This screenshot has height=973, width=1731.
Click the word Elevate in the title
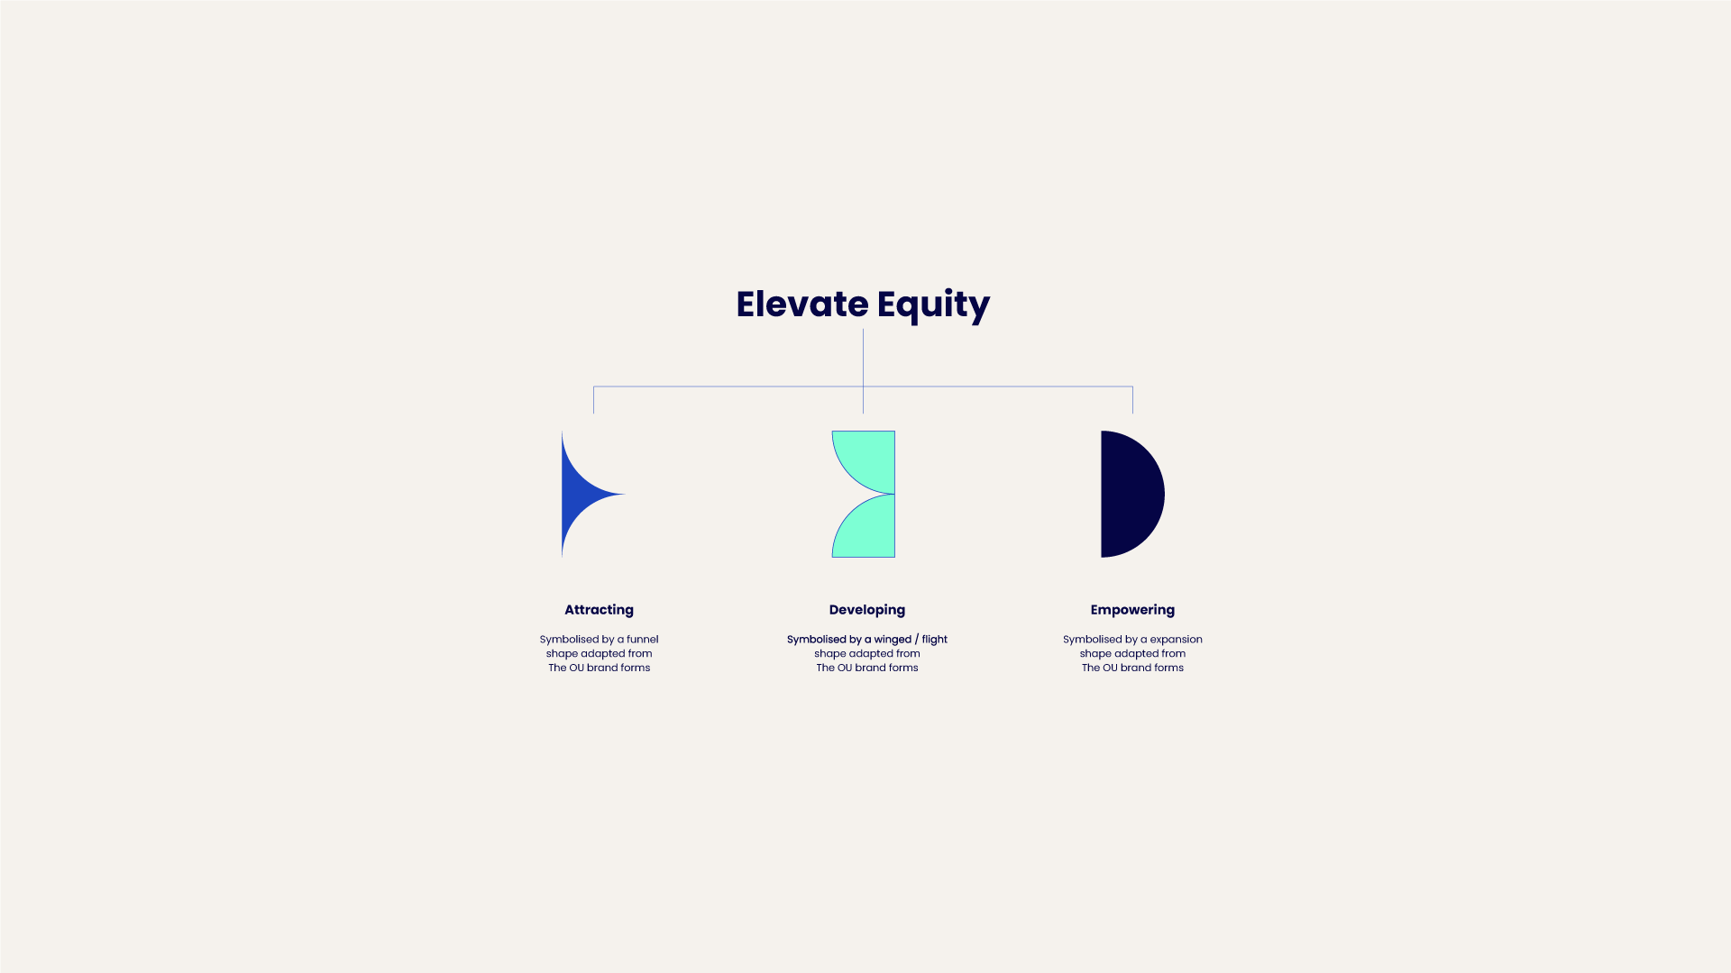tap(802, 305)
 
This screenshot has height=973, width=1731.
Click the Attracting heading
tap(600, 610)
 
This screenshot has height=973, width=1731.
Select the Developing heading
tap(867, 610)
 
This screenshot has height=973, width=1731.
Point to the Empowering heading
tap(1132, 610)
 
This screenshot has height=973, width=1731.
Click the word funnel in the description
tap(643, 640)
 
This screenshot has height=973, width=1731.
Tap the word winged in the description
tap(893, 640)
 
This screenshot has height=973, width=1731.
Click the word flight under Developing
tap(935, 640)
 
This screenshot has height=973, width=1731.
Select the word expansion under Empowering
tap(1177, 640)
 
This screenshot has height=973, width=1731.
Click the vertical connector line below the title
tap(863, 371)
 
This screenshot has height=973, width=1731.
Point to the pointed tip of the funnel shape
tap(625, 494)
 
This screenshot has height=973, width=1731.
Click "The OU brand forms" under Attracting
tap(600, 668)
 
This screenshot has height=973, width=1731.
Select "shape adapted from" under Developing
tap(867, 654)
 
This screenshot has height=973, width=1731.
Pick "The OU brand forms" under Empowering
tap(1132, 668)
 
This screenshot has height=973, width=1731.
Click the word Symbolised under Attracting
tap(569, 640)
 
